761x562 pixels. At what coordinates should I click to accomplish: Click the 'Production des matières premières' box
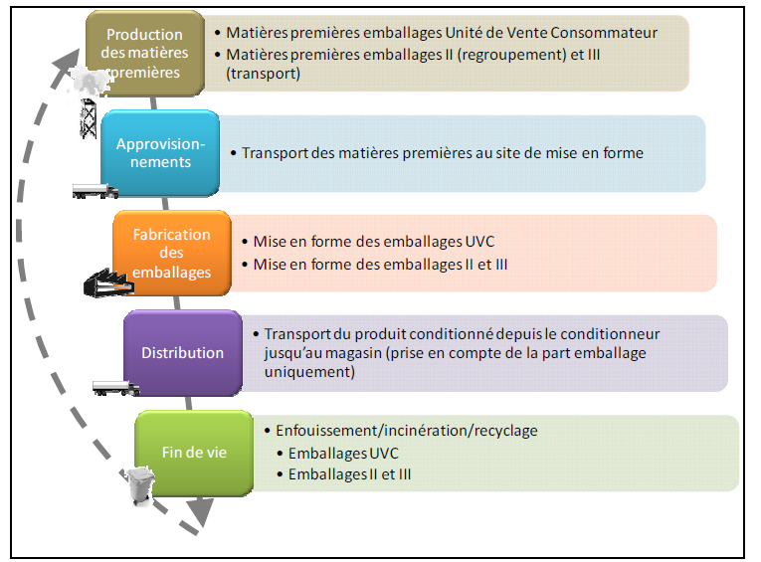pos(145,54)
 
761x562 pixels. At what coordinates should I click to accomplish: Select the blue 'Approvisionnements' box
pos(160,153)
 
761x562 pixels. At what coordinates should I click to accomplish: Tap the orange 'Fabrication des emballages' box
pos(172,253)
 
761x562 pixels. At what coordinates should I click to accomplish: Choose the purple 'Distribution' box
pos(183,353)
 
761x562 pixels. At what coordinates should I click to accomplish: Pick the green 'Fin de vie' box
pos(194,453)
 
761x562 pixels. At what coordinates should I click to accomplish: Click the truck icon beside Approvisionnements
pos(95,191)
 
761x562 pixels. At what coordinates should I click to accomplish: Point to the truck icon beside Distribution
pos(116,388)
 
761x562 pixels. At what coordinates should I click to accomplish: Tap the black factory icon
pos(108,282)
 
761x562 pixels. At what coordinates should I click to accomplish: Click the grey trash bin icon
pos(140,485)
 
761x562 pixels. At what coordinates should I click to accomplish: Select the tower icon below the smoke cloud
pos(88,118)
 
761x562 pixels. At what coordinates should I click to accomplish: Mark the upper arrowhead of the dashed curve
pos(68,62)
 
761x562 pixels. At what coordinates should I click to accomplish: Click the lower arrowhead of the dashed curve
pos(201,512)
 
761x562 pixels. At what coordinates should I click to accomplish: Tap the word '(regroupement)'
pos(511,55)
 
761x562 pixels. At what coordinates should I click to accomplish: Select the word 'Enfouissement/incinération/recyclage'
pos(407,431)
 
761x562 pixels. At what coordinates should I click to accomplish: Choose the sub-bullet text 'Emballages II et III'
pos(349,474)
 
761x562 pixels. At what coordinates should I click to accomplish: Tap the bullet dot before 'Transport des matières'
pos(234,153)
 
